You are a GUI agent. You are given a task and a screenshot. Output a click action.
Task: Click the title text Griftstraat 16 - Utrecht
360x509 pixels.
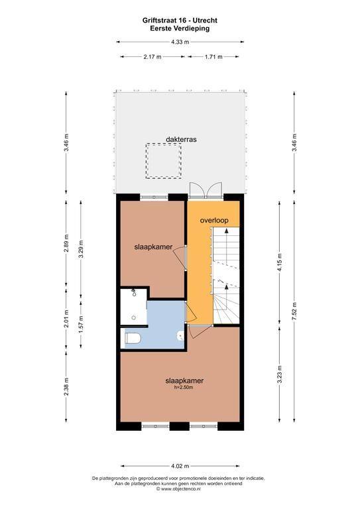coord(180,21)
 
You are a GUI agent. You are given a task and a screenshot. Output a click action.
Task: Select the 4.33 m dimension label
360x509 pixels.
coord(180,42)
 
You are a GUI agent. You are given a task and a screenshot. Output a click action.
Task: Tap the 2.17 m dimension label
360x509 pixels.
coord(152,57)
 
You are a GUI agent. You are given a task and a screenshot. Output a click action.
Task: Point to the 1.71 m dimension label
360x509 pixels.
coord(213,57)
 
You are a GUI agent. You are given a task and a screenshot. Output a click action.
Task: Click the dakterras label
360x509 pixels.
coord(181,139)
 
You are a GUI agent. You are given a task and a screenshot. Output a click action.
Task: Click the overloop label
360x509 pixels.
coord(214,221)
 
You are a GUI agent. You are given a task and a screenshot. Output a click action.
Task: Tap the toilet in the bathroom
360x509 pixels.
coord(133,338)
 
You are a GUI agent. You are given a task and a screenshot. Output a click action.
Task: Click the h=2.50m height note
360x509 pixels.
coord(184,387)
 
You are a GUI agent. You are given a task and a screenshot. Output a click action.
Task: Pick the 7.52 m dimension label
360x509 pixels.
coord(294,311)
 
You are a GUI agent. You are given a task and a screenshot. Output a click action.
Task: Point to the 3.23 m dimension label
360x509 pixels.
coord(280,374)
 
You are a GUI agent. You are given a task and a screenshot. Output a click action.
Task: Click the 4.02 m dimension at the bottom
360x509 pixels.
coord(180,466)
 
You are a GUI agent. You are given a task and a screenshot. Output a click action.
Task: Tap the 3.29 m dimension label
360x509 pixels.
coord(81,249)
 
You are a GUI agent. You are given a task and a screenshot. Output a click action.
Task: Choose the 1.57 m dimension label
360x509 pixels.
coord(81,324)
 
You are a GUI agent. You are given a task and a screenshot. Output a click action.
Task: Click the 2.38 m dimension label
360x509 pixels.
coord(66,386)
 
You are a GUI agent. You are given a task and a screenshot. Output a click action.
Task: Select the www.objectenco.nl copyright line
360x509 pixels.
coord(178,488)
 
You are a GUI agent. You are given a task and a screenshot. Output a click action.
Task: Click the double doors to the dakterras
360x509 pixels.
coord(206,191)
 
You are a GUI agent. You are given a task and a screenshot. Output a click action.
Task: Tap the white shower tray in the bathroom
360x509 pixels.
coord(133,306)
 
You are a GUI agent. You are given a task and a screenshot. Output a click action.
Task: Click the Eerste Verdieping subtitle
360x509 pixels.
coord(180,28)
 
